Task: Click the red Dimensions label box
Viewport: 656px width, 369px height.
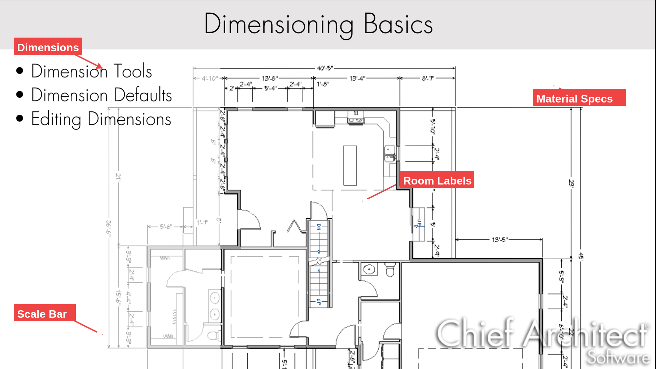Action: (x=48, y=47)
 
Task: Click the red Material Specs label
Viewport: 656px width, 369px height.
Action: (x=579, y=98)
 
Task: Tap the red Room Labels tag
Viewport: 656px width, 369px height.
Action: (x=437, y=180)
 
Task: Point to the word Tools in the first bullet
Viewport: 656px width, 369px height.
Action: (x=133, y=71)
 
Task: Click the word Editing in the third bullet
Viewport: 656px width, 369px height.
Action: (x=56, y=119)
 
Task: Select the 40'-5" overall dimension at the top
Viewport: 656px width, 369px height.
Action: (x=325, y=68)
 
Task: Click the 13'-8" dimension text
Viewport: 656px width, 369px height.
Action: (x=270, y=78)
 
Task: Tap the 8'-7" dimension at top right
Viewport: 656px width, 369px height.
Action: (x=428, y=78)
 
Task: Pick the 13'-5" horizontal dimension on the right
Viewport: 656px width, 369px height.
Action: (x=500, y=240)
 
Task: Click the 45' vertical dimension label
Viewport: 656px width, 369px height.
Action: (x=581, y=256)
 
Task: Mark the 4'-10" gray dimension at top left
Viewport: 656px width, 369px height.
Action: (x=209, y=78)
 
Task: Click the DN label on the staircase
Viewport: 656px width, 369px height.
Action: (x=319, y=227)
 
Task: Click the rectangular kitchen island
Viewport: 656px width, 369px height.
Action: (x=350, y=165)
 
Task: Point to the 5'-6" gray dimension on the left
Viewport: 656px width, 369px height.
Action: (x=166, y=226)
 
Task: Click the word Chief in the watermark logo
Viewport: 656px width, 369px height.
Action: (x=475, y=333)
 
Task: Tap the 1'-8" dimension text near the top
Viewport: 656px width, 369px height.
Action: (x=323, y=84)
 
